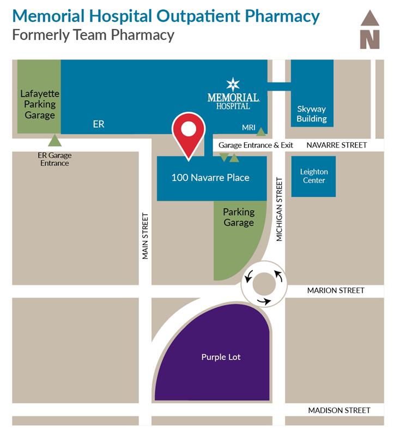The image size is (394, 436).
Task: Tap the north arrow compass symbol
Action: click(x=370, y=30)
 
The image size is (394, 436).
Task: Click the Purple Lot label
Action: click(x=221, y=358)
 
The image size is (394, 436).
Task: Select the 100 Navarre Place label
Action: click(x=210, y=178)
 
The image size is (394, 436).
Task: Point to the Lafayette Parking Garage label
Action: click(x=40, y=104)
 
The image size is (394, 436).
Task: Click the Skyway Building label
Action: click(x=312, y=114)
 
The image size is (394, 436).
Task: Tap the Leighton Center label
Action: click(x=313, y=176)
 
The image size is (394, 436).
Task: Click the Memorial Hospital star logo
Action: click(x=233, y=84)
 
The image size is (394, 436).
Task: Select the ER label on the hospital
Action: click(x=98, y=124)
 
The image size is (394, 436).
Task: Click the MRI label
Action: click(x=248, y=128)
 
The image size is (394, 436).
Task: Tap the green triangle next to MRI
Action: click(x=262, y=131)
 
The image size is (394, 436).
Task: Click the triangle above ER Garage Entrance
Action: click(x=54, y=141)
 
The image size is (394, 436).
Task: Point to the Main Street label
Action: click(x=146, y=235)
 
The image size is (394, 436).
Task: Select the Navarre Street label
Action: click(x=337, y=146)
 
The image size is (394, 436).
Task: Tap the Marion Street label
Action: click(x=336, y=290)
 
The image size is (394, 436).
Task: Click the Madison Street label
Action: click(x=339, y=410)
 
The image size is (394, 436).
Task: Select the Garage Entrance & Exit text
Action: click(x=256, y=146)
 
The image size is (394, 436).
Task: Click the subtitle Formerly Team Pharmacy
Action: click(x=93, y=35)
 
